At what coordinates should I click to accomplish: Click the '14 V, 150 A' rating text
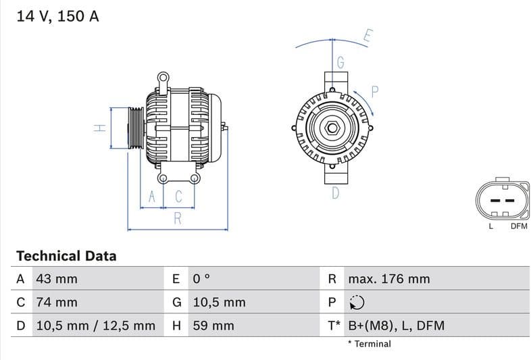57,16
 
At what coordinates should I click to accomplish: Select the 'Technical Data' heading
66,256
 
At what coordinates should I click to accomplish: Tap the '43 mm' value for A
56,279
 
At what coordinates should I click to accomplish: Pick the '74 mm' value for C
56,302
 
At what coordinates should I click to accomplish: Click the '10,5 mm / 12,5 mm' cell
95,326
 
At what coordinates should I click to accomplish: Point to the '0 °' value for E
202,279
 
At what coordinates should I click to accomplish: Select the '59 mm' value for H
213,326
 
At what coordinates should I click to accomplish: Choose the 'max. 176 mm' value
388,279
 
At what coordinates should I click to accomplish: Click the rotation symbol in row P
356,303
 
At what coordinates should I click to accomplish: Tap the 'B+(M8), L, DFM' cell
396,326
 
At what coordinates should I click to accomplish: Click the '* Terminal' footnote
369,344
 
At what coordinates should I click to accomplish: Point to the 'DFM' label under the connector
518,226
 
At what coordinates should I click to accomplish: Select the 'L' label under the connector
491,226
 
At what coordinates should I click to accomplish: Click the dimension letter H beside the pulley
98,127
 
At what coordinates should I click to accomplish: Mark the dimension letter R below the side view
178,217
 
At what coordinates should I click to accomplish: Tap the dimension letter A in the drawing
152,197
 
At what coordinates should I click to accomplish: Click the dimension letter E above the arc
368,36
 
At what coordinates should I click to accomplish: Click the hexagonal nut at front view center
333,128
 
